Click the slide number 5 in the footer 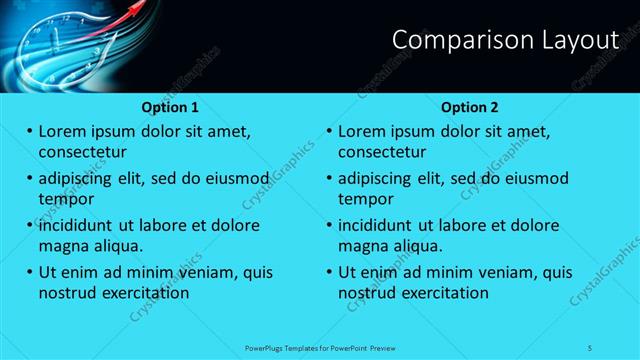coord(590,347)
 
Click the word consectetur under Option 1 coord(82,153)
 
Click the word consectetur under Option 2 coord(382,153)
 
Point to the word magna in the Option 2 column coord(363,246)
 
